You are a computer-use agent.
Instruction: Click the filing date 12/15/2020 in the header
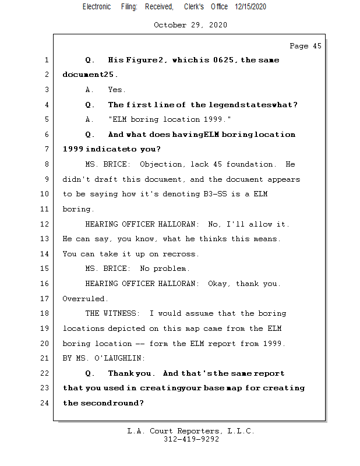pos(250,6)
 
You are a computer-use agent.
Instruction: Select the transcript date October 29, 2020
pos(190,25)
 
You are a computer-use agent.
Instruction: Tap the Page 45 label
pos(305,46)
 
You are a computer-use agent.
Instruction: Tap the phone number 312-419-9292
pos(191,439)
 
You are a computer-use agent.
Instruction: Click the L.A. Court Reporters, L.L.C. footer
pos(191,431)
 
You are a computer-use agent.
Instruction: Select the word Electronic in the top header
pos(97,6)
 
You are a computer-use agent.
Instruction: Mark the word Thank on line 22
pos(121,373)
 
